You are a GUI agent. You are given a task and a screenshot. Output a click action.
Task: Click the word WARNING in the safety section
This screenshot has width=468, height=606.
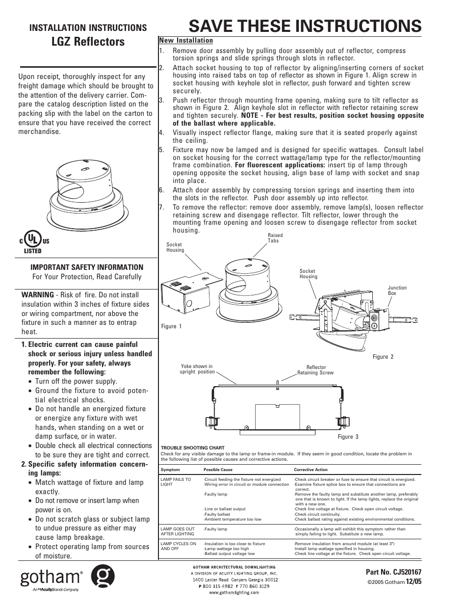tap(37, 295)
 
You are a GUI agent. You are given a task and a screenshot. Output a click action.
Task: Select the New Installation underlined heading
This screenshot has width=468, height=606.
tap(185, 41)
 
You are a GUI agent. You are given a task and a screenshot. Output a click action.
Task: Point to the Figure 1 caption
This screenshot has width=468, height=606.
tap(171, 326)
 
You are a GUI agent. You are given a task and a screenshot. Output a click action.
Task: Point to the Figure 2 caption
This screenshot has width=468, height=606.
tap(383, 357)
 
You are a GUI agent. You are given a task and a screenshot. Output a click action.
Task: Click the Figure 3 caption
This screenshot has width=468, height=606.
tap(348, 437)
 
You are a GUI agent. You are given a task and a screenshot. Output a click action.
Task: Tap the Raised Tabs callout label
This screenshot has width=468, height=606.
tap(275, 238)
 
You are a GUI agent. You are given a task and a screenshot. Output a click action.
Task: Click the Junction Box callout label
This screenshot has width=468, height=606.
tap(397, 290)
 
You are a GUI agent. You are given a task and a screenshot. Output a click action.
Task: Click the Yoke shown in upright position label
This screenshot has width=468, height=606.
tap(197, 369)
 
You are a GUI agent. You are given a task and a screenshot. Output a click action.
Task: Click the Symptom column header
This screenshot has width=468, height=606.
tap(170, 470)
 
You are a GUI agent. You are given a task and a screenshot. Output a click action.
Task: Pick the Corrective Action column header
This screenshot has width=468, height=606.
tap(311, 470)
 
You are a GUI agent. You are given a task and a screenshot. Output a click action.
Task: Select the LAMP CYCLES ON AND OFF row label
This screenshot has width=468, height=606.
tap(178, 546)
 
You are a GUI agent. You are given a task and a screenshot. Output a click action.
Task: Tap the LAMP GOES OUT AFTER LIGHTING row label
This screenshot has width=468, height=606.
tap(177, 531)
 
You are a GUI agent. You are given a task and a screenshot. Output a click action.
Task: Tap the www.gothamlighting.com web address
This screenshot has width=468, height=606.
tap(234, 592)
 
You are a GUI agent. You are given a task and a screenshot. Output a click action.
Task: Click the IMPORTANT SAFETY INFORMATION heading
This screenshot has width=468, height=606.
tap(87, 267)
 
